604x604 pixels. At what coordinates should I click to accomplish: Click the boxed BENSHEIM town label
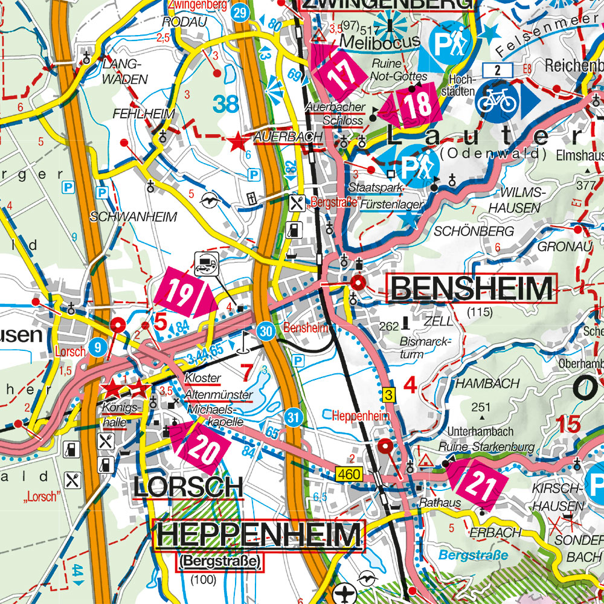472,289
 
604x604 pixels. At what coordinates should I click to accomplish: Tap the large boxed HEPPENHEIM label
260,536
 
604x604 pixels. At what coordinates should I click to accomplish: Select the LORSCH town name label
188,487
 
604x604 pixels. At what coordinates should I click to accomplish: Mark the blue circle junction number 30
265,331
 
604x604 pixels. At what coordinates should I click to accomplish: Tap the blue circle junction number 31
294,417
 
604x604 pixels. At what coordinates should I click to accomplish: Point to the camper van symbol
207,264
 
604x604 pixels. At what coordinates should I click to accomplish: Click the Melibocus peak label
379,40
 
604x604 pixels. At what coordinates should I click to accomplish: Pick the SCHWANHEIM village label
133,216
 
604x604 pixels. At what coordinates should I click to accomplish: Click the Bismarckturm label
425,348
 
